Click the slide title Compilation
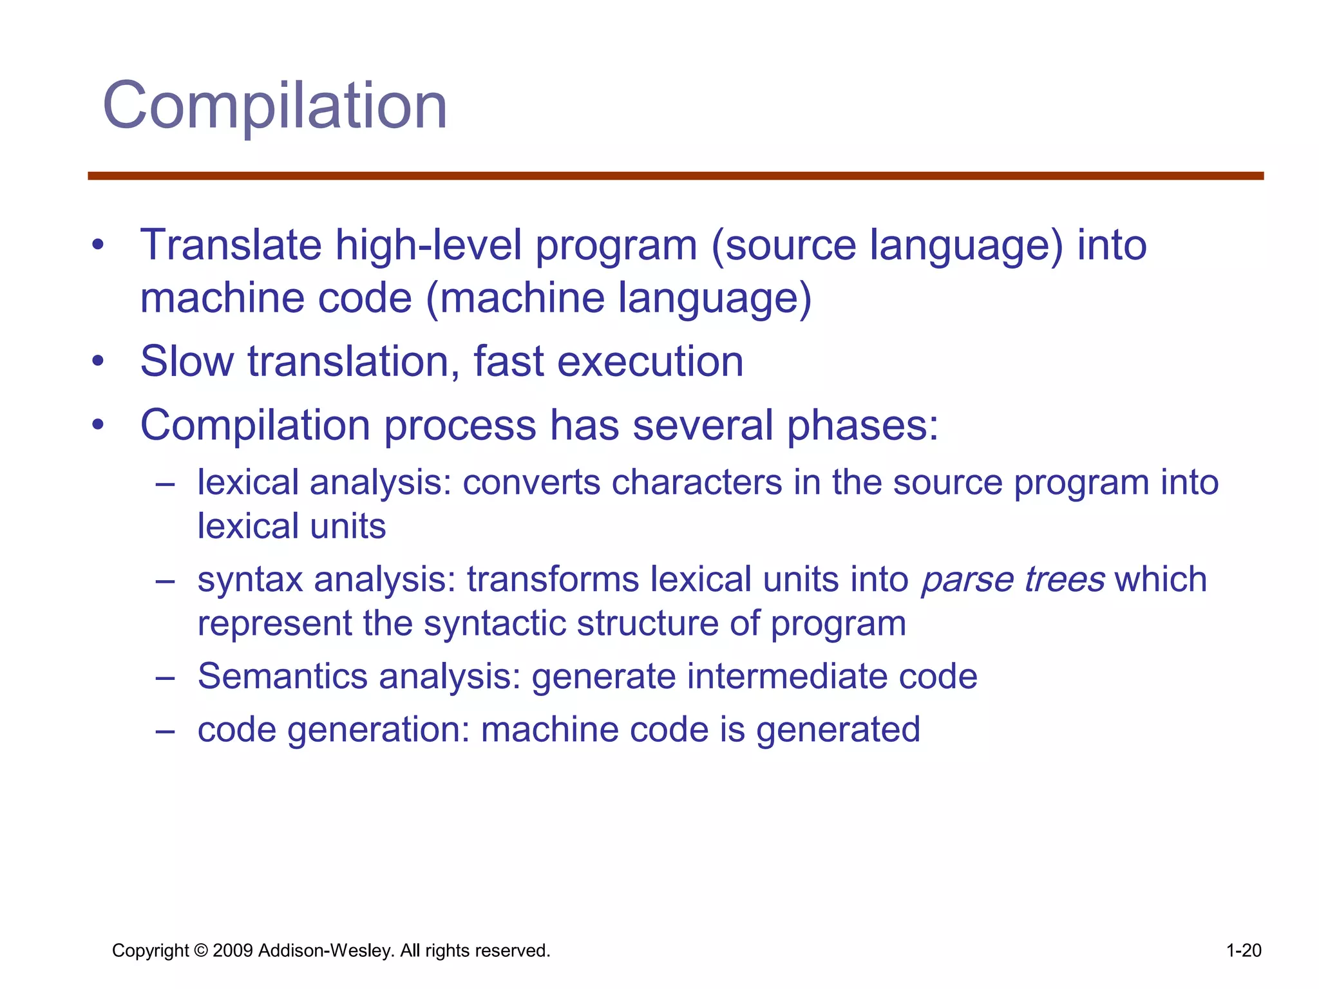coord(275,106)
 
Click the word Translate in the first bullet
coord(231,245)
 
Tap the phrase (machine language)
coord(619,299)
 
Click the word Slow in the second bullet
coord(187,361)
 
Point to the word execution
coord(650,361)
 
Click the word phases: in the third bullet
coord(863,426)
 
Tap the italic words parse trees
coord(1012,579)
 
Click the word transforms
coord(553,579)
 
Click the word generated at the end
coord(838,730)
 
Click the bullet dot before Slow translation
coord(97,361)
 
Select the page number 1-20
coord(1243,951)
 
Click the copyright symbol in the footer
coord(201,951)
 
